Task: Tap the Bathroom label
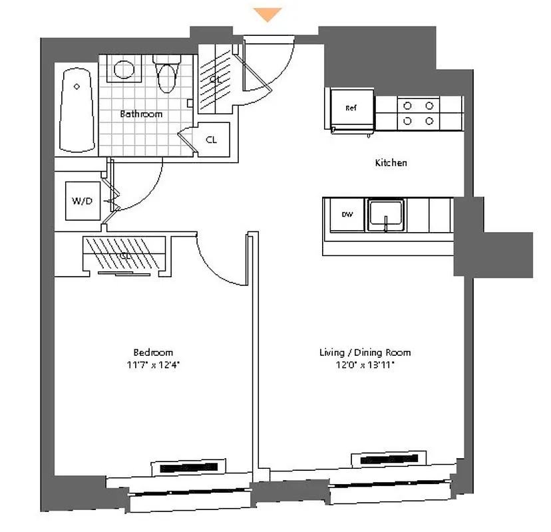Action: (141, 114)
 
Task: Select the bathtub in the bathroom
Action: (79, 109)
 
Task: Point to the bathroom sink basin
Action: (123, 68)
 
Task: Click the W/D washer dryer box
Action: (82, 200)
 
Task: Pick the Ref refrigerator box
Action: (351, 108)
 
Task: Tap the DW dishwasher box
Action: (347, 214)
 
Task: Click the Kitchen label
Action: (391, 163)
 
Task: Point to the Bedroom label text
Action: (153, 352)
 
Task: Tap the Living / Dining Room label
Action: (365, 352)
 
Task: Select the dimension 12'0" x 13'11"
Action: (365, 366)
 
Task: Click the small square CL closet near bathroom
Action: (212, 140)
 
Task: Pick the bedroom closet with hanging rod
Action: (124, 255)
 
